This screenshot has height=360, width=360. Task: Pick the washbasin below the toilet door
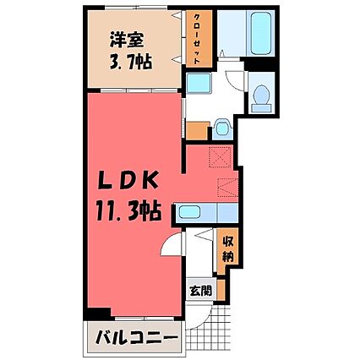(221, 128)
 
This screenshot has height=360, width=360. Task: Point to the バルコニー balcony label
(135, 339)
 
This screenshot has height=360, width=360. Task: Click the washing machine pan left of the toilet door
(200, 84)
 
